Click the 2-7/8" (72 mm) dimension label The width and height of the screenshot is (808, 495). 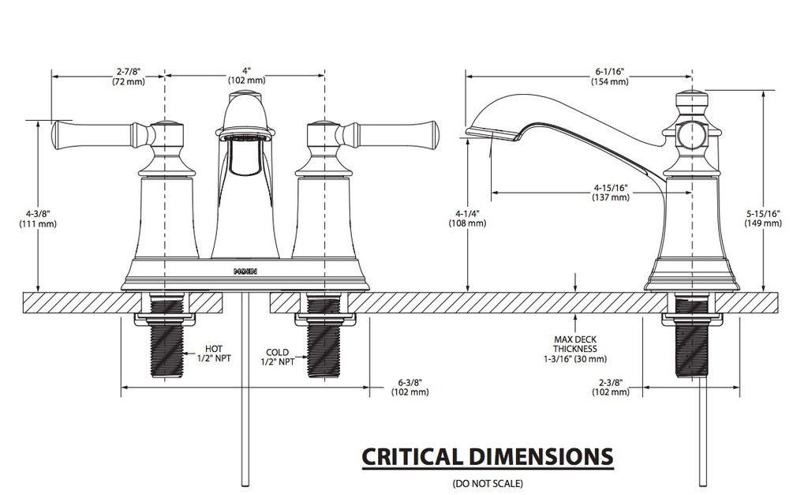(129, 76)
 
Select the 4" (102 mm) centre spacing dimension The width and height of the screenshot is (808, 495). (247, 75)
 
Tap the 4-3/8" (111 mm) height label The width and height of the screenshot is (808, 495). (38, 219)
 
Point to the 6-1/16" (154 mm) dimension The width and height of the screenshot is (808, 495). (610, 76)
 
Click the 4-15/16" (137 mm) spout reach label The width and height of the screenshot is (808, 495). (611, 193)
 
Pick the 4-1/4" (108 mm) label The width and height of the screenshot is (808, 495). (467, 218)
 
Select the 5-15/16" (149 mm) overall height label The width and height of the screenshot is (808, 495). (763, 218)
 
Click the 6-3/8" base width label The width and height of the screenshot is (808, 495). (410, 387)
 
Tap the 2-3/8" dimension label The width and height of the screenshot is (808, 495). (611, 387)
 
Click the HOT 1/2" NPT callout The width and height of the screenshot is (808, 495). (214, 354)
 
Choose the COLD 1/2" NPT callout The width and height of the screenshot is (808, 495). (277, 357)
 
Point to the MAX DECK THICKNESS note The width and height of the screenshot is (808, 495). (575, 349)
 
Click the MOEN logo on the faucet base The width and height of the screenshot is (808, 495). (245, 272)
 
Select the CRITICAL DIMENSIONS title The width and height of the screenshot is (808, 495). (488, 456)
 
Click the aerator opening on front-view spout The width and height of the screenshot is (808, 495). (245, 137)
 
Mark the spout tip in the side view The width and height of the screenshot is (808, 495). (468, 132)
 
